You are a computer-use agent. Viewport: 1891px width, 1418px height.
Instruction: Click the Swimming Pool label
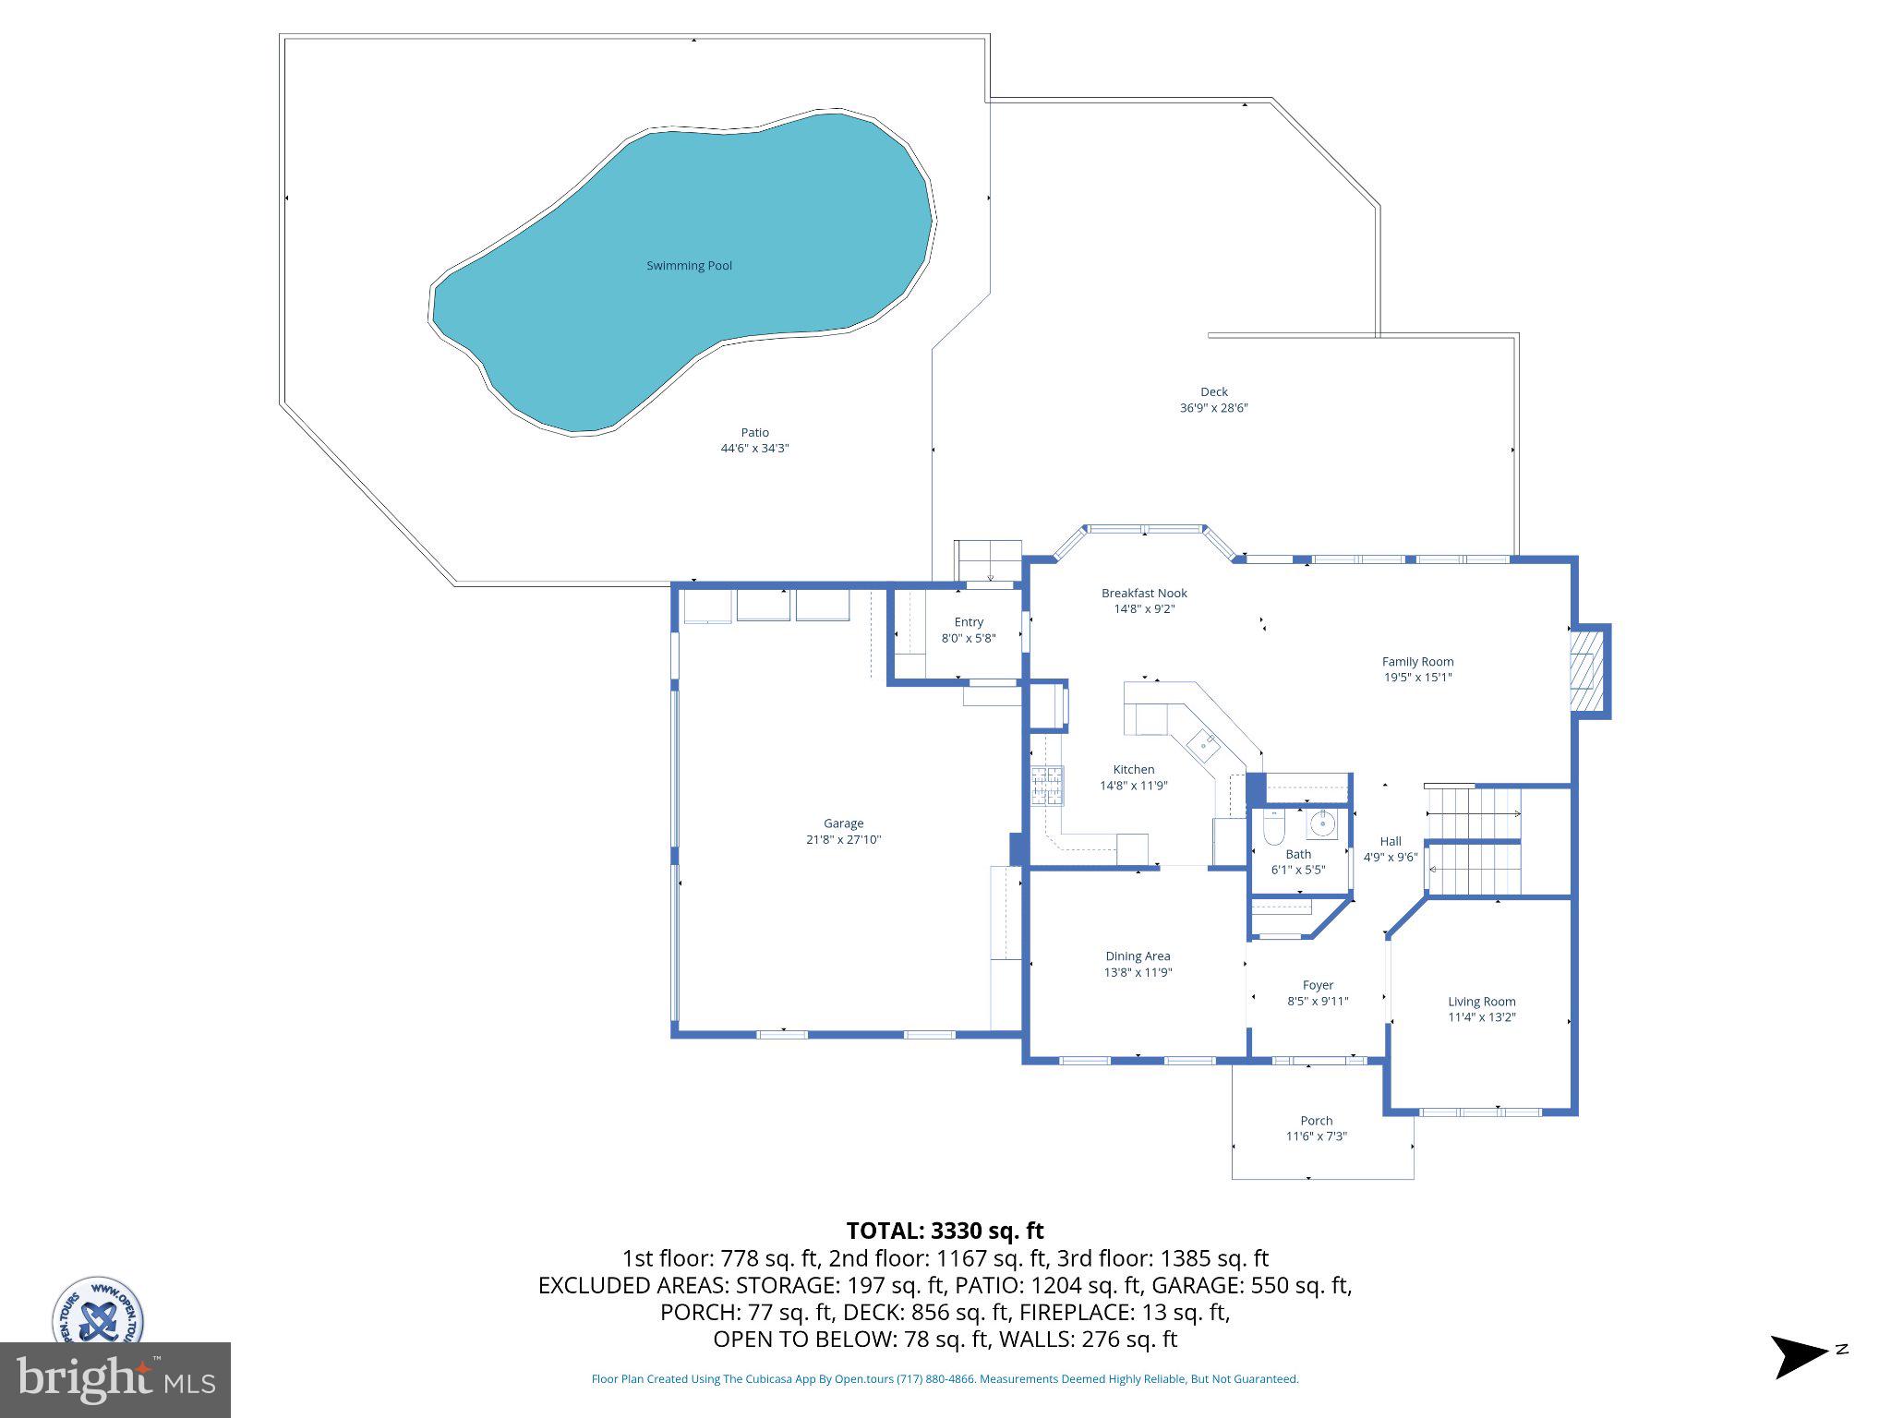[x=689, y=266]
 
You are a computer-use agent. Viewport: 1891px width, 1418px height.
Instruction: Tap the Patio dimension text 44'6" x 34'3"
[x=754, y=449]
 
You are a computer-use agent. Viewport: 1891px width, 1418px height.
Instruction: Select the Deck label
[x=1213, y=392]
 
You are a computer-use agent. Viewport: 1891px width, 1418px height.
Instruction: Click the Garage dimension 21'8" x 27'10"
[x=843, y=840]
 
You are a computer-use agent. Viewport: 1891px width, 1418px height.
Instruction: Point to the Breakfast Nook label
[x=1144, y=594]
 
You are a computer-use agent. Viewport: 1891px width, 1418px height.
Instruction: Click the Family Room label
[x=1417, y=662]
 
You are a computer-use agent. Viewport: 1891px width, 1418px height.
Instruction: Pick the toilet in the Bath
[x=1273, y=828]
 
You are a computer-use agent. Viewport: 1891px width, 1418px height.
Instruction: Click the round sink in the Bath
[x=1323, y=823]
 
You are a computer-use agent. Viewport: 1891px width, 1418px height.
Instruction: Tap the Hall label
[x=1391, y=841]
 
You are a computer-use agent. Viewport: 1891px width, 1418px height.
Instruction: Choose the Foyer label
[x=1318, y=985]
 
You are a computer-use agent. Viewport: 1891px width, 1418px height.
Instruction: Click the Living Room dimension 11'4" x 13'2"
[x=1481, y=1017]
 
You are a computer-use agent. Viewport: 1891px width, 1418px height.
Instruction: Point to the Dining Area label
[x=1138, y=956]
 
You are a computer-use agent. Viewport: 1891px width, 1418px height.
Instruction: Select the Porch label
[x=1316, y=1121]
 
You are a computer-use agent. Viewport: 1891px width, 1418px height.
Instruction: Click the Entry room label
[x=969, y=622]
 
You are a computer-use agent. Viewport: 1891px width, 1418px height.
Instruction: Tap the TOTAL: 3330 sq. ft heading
[x=945, y=1231]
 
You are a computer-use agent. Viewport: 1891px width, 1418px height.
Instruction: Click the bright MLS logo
[x=114, y=1379]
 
